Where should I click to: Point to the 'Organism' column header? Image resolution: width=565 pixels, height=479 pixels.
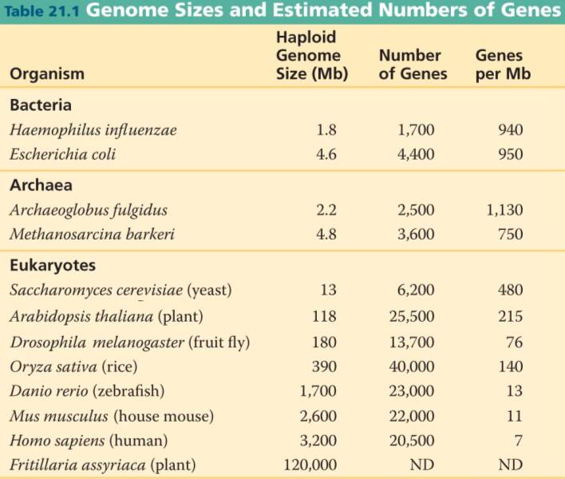point(47,74)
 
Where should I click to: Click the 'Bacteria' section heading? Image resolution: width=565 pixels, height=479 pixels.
point(41,105)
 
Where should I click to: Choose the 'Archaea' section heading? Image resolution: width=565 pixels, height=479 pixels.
point(41,185)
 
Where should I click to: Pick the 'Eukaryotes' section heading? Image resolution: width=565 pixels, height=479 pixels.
point(49,265)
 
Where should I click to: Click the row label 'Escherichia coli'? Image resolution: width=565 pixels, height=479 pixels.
point(63,154)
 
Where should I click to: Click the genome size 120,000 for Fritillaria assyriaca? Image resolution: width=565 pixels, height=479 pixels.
point(310,465)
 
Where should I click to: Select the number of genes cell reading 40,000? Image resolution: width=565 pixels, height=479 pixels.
point(416,366)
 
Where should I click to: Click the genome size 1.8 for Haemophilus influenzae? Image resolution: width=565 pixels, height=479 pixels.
point(326,129)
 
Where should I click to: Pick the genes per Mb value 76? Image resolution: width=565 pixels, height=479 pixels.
point(514,342)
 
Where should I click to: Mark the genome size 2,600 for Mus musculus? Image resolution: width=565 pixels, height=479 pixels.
point(318,416)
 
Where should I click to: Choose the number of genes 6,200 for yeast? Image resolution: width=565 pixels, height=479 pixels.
point(416,290)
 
